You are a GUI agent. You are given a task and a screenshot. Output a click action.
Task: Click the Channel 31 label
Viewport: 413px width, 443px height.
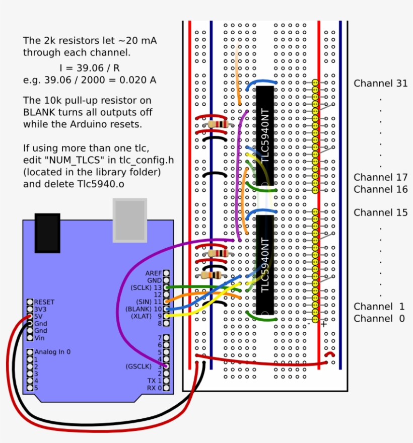(380, 84)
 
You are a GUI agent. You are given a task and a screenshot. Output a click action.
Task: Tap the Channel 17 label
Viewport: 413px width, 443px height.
(380, 177)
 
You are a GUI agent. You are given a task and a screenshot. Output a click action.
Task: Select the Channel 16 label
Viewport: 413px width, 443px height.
(380, 189)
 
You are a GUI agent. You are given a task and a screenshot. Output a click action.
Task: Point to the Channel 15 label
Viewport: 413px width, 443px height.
(380, 212)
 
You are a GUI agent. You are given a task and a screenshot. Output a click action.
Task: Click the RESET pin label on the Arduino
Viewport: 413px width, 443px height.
(44, 302)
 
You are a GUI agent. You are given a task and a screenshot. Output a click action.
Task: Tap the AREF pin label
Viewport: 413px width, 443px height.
(154, 273)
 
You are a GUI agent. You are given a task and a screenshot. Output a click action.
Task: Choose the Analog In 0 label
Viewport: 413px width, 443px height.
(52, 352)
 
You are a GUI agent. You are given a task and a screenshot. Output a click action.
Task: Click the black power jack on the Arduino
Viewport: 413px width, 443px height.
(47, 233)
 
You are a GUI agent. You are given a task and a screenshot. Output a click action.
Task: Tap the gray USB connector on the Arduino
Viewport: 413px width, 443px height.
(129, 220)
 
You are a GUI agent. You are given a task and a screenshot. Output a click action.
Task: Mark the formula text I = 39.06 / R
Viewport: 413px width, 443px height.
(89, 67)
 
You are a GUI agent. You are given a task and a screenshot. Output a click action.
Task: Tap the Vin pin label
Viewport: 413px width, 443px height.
(39, 338)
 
